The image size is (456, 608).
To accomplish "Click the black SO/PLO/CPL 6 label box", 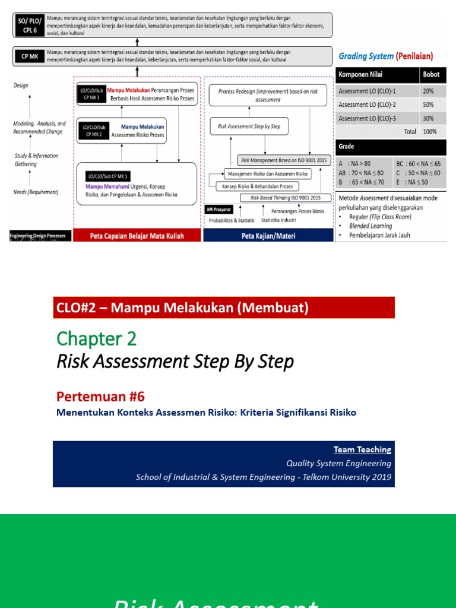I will click(x=27, y=26).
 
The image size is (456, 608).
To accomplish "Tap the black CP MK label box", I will click(x=28, y=56).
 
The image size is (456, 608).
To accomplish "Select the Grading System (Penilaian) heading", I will click(x=385, y=56).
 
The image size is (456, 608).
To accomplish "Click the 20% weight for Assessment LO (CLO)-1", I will click(x=427, y=91).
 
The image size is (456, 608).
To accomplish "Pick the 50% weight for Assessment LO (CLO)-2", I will click(x=427, y=104).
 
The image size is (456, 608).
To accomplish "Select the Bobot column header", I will click(x=430, y=75).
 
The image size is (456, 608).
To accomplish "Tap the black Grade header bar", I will click(x=391, y=146).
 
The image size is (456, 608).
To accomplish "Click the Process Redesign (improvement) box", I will click(x=268, y=96).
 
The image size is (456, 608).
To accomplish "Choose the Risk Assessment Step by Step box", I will click(x=249, y=126).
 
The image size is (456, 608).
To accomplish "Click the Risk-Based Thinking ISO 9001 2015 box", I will click(x=284, y=198).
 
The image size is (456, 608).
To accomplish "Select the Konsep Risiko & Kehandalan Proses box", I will click(x=257, y=186).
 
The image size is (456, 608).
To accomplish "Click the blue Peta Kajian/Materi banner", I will click(x=268, y=236).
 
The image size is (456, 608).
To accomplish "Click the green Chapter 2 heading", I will click(x=97, y=338).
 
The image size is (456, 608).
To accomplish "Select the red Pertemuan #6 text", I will click(x=100, y=397).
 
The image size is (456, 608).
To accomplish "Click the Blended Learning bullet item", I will click(x=370, y=226).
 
